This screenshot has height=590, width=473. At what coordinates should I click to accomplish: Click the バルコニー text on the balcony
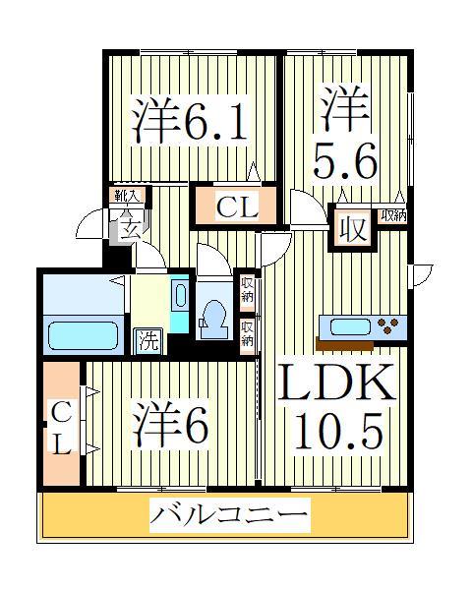(228, 515)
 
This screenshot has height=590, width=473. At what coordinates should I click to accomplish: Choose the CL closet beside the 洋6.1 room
(236, 207)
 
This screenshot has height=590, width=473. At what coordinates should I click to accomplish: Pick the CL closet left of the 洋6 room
(62, 426)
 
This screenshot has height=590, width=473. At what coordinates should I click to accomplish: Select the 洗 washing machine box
(147, 341)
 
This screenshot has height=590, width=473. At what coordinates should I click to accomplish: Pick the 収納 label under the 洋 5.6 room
(393, 215)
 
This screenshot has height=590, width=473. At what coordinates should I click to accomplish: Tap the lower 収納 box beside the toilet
(248, 333)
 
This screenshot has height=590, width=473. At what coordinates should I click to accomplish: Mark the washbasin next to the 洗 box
(180, 295)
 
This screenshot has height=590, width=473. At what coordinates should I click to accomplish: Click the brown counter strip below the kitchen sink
(344, 345)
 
